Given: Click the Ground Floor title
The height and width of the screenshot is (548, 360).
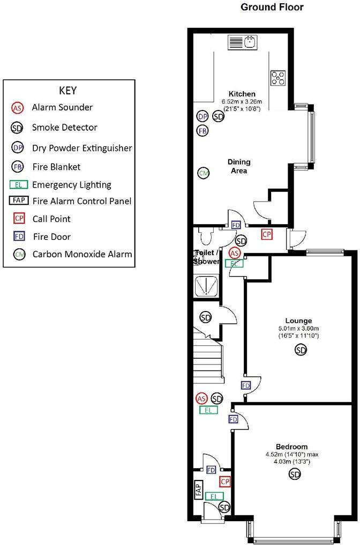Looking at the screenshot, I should pyautogui.click(x=272, y=7).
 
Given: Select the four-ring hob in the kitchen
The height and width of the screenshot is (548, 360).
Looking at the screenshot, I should pyautogui.click(x=278, y=78).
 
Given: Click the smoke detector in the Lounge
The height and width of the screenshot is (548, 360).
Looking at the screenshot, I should pyautogui.click(x=301, y=350).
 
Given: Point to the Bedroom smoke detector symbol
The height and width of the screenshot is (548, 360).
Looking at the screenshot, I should pyautogui.click(x=294, y=473).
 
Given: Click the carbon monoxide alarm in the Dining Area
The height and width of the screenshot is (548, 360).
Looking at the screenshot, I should pyautogui.click(x=203, y=173).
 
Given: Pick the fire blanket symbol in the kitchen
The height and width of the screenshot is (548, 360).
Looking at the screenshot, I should pyautogui.click(x=202, y=130).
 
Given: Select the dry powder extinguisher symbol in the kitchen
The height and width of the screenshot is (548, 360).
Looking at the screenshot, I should pyautogui.click(x=202, y=116).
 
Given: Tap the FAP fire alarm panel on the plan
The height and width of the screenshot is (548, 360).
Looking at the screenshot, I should pyautogui.click(x=198, y=490).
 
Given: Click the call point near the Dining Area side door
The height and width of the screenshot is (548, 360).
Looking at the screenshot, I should pyautogui.click(x=266, y=234).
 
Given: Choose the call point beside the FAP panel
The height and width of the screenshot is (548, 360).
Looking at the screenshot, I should pyautogui.click(x=225, y=482).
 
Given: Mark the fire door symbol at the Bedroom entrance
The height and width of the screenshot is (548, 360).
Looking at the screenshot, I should pyautogui.click(x=233, y=419).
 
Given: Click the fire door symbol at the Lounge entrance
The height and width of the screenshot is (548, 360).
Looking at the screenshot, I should pyautogui.click(x=245, y=386).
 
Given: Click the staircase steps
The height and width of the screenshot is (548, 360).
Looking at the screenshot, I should pyautogui.click(x=208, y=355).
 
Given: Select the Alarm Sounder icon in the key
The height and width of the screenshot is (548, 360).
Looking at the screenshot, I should pyautogui.click(x=18, y=108).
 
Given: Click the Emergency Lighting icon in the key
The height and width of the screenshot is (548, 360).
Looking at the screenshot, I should pyautogui.click(x=18, y=185).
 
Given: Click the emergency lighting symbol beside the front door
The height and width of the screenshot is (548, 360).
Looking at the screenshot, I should pyautogui.click(x=214, y=497).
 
